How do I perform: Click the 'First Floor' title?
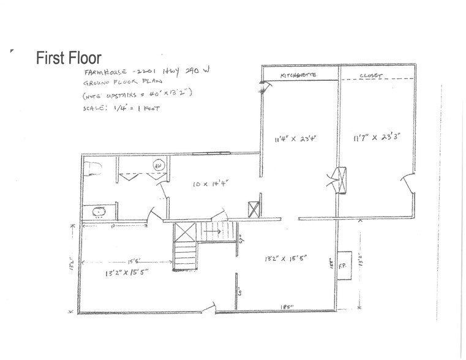69,58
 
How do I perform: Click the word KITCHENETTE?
298,75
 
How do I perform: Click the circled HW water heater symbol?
157,165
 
